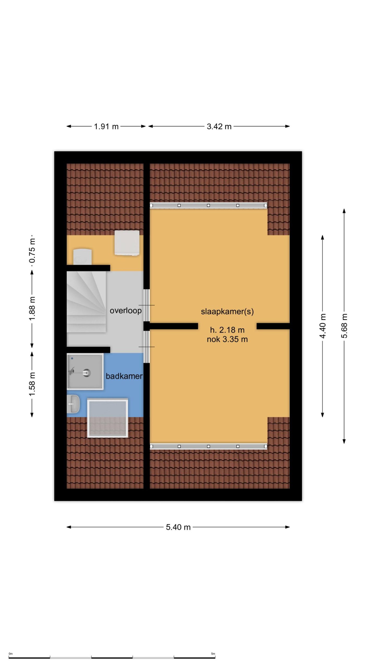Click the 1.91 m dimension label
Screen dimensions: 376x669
pyautogui.click(x=106, y=126)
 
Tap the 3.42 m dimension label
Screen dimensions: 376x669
pyautogui.click(x=219, y=126)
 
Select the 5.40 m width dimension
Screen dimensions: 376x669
pyautogui.click(x=178, y=527)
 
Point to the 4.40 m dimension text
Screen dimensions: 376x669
pyautogui.click(x=323, y=326)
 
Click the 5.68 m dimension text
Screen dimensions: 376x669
pyautogui.click(x=345, y=326)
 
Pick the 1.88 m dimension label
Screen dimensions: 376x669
pyautogui.click(x=32, y=309)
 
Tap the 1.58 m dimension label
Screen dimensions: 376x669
pyautogui.click(x=32, y=384)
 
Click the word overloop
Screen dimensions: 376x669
pyautogui.click(x=126, y=311)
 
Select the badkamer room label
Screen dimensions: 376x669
pyautogui.click(x=124, y=376)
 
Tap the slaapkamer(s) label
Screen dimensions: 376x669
pyautogui.click(x=227, y=312)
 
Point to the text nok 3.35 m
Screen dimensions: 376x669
pyautogui.click(x=227, y=339)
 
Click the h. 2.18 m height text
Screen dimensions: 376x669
pyautogui.click(x=227, y=330)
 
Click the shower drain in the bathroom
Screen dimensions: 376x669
pyautogui.click(x=87, y=373)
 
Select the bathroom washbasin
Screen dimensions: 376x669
pyautogui.click(x=73, y=404)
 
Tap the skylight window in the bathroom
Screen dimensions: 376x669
pyautogui.click(x=108, y=418)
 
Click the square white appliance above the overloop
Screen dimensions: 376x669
pyautogui.click(x=127, y=243)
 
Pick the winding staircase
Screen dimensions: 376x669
pyautogui.click(x=86, y=302)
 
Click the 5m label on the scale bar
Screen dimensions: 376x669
pyautogui.click(x=213, y=654)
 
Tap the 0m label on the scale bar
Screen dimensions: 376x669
pyautogui.click(x=10, y=654)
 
